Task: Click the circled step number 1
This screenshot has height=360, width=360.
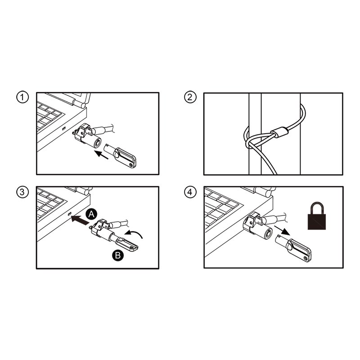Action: pyautogui.click(x=22, y=98)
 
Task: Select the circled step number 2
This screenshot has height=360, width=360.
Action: pyautogui.click(x=190, y=98)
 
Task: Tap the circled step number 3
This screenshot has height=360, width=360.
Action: pyautogui.click(x=22, y=192)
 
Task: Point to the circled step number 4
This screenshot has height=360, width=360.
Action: pyautogui.click(x=190, y=192)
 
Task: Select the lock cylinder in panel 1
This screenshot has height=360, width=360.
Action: pyautogui.click(x=93, y=144)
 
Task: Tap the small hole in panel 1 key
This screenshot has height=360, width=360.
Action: pyautogui.click(x=131, y=165)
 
